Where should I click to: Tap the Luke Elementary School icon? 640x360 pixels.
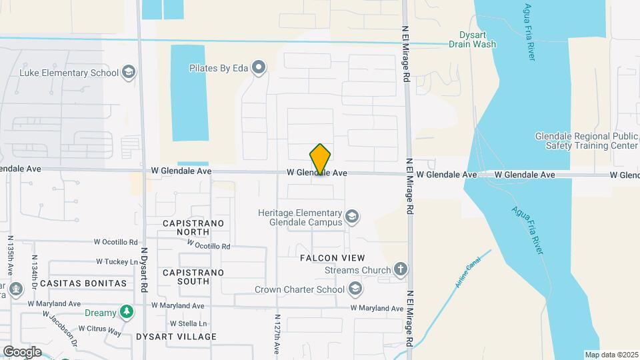(128, 72)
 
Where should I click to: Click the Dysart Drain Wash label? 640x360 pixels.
(478, 39)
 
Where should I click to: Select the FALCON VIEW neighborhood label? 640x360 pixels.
(332, 258)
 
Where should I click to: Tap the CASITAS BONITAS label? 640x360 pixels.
(83, 283)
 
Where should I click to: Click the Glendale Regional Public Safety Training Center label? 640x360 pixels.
(587, 141)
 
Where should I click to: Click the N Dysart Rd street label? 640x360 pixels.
(143, 270)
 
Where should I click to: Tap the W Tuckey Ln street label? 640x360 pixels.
(117, 261)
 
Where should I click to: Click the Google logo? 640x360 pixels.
(22, 351)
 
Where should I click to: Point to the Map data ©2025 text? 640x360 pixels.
(610, 355)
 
